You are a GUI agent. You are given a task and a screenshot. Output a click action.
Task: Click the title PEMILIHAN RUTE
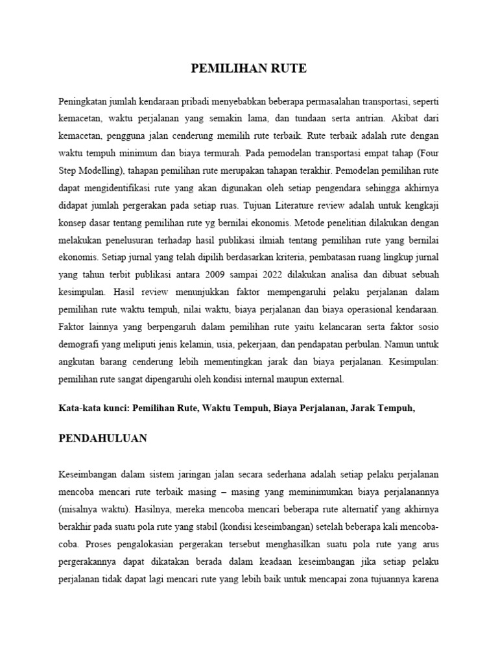249,69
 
